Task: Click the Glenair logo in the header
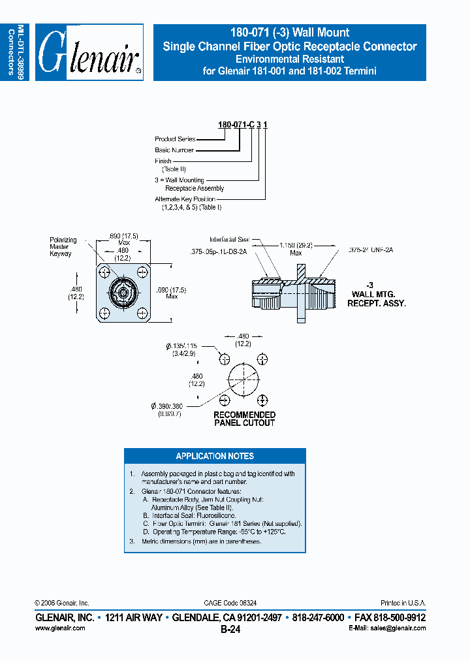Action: pyautogui.click(x=89, y=52)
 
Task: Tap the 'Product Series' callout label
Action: pyautogui.click(x=175, y=139)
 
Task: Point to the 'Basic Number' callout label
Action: pyautogui.click(x=174, y=150)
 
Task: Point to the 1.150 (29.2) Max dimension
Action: pyautogui.click(x=296, y=249)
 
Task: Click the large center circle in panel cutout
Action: pyautogui.click(x=243, y=379)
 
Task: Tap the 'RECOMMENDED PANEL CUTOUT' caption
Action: pyautogui.click(x=244, y=419)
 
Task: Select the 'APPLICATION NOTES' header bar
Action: pyautogui.click(x=215, y=456)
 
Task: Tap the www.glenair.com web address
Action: pyautogui.click(x=59, y=628)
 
